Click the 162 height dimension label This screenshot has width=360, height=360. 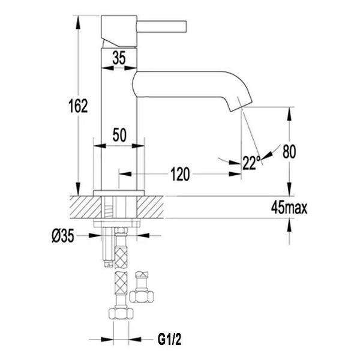[x=78, y=106]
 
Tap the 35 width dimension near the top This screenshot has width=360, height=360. [x=119, y=58]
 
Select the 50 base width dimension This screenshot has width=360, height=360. [x=119, y=135]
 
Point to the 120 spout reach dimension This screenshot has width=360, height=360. [x=180, y=174]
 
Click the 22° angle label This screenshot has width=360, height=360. [x=251, y=163]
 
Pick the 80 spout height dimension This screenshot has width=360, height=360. [x=289, y=152]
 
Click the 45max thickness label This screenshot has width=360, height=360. [x=289, y=208]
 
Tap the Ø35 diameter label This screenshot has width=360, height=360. [x=63, y=236]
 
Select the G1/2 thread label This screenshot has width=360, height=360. [x=169, y=340]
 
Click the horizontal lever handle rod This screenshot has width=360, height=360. [x=161, y=26]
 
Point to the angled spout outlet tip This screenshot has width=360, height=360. [x=241, y=107]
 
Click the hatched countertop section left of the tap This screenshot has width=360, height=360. [x=85, y=207]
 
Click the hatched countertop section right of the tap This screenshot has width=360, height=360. [x=150, y=207]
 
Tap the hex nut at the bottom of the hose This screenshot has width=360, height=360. [x=121, y=313]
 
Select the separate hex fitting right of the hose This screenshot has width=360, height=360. [x=142, y=287]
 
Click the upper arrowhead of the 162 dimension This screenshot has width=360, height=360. [x=78, y=22]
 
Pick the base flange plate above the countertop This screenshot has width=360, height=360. [x=119, y=193]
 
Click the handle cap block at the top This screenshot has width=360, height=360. [x=119, y=31]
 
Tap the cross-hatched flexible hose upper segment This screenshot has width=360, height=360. [x=121, y=257]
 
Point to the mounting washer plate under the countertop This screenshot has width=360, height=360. [x=116, y=223]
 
